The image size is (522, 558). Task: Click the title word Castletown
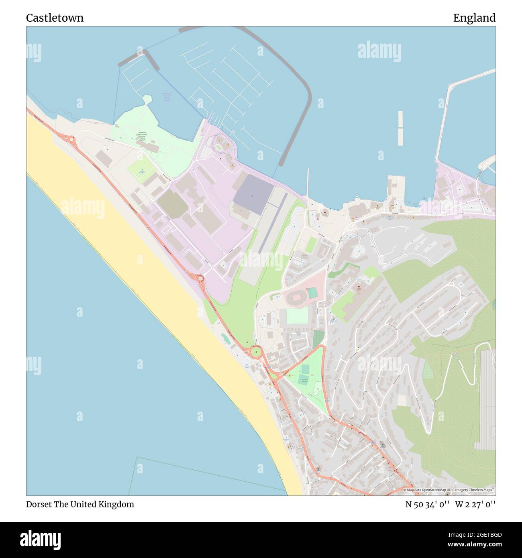tap(55, 18)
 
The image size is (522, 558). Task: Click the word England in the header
tap(474, 18)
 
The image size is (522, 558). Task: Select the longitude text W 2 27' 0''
tap(475, 504)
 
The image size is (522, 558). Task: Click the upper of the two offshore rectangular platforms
tap(400, 119)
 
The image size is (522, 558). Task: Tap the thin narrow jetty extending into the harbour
tap(308, 183)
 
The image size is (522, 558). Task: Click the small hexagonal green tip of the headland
tap(147, 99)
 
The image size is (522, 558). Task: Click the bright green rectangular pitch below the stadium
tap(297, 316)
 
